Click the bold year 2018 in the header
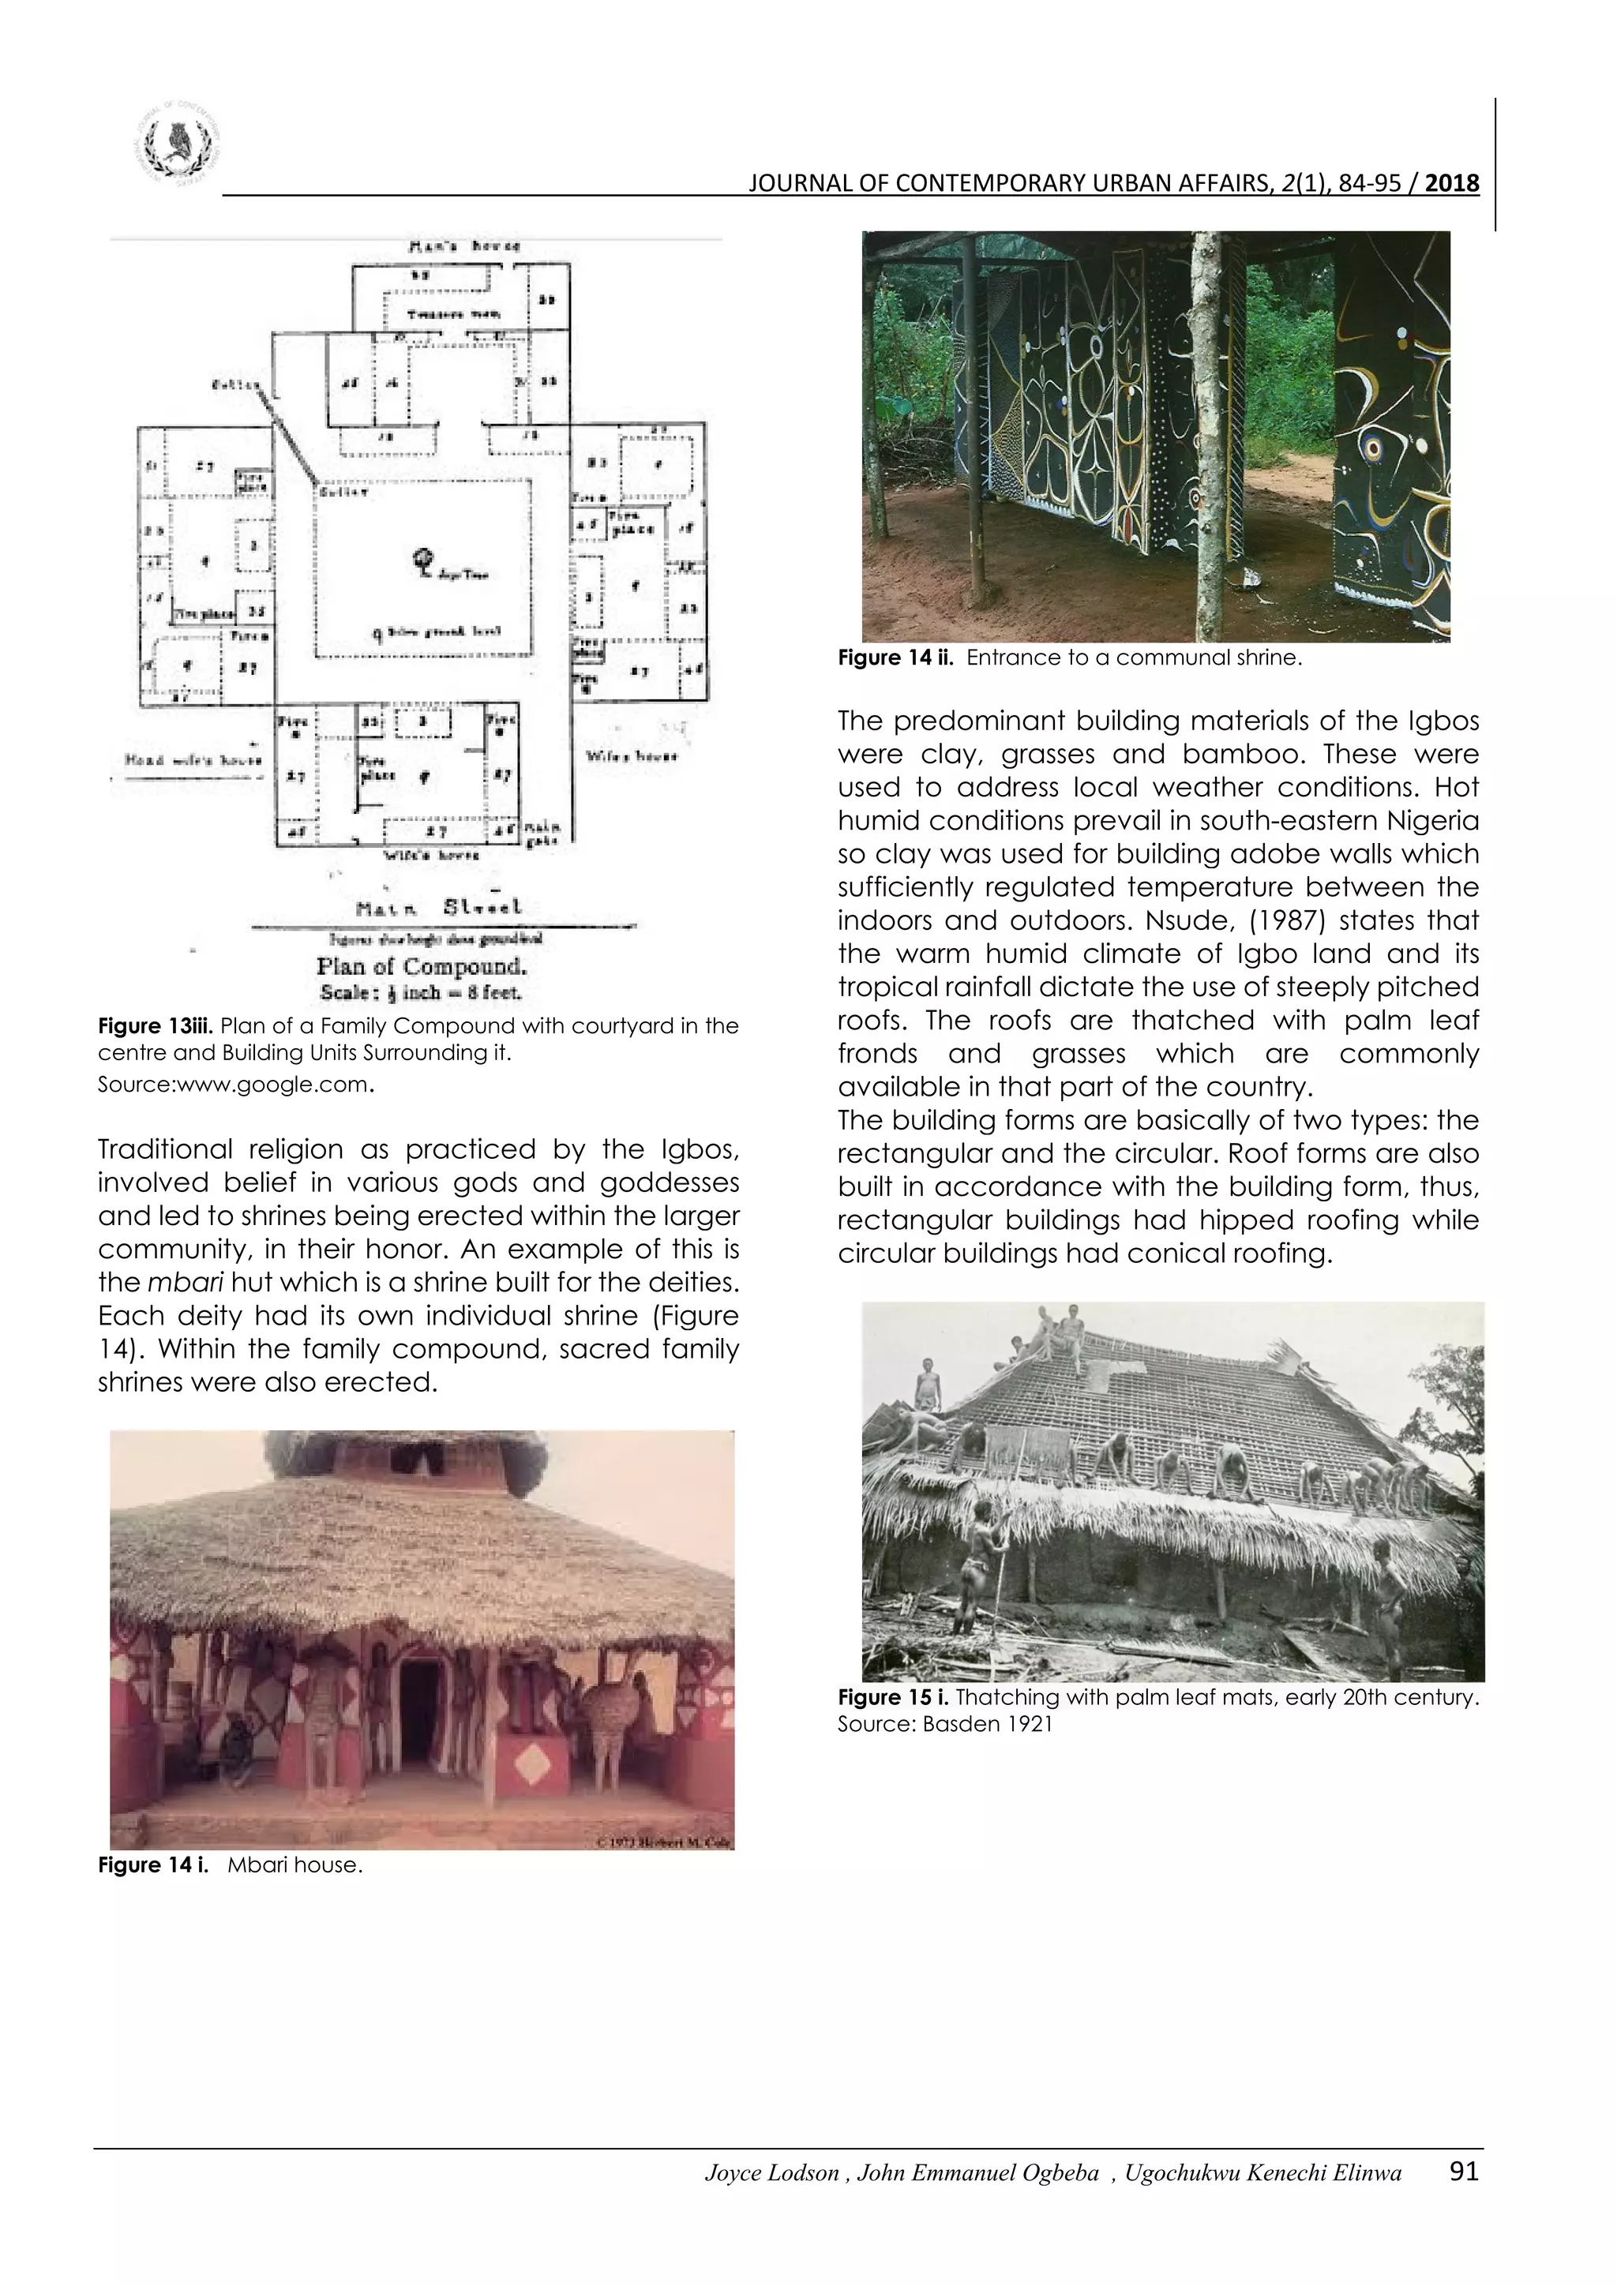pos(1452,183)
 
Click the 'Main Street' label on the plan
pos(439,907)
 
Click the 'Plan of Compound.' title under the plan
pos(421,965)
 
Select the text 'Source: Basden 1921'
pos(944,1723)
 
